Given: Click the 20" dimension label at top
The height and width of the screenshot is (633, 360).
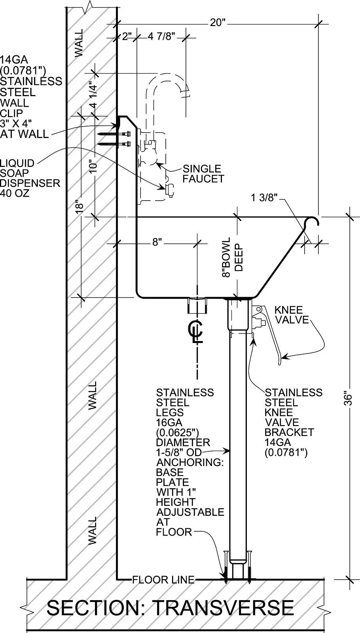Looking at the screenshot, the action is [x=217, y=22].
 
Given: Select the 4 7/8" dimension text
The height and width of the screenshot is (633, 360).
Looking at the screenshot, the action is [x=161, y=36].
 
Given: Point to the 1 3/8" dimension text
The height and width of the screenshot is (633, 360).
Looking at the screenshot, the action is [x=265, y=197].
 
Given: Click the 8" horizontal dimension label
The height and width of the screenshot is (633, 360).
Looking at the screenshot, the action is [x=157, y=242].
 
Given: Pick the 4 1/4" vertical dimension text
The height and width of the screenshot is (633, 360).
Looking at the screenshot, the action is [x=94, y=93].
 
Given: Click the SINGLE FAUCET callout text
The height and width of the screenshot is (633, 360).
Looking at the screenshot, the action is [x=203, y=174].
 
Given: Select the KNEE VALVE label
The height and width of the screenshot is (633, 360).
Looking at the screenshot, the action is [x=292, y=315].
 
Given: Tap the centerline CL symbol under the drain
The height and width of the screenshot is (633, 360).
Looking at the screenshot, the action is [x=195, y=331].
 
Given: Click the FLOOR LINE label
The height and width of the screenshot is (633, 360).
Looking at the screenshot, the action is [x=163, y=580].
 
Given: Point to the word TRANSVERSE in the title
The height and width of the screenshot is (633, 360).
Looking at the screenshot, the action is [x=223, y=608].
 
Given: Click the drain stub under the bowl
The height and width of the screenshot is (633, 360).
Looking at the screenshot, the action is [x=197, y=305].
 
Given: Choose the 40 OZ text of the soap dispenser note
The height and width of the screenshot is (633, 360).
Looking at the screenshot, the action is [x=15, y=193].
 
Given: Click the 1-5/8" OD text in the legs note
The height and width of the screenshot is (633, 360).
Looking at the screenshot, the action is [x=178, y=452].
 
